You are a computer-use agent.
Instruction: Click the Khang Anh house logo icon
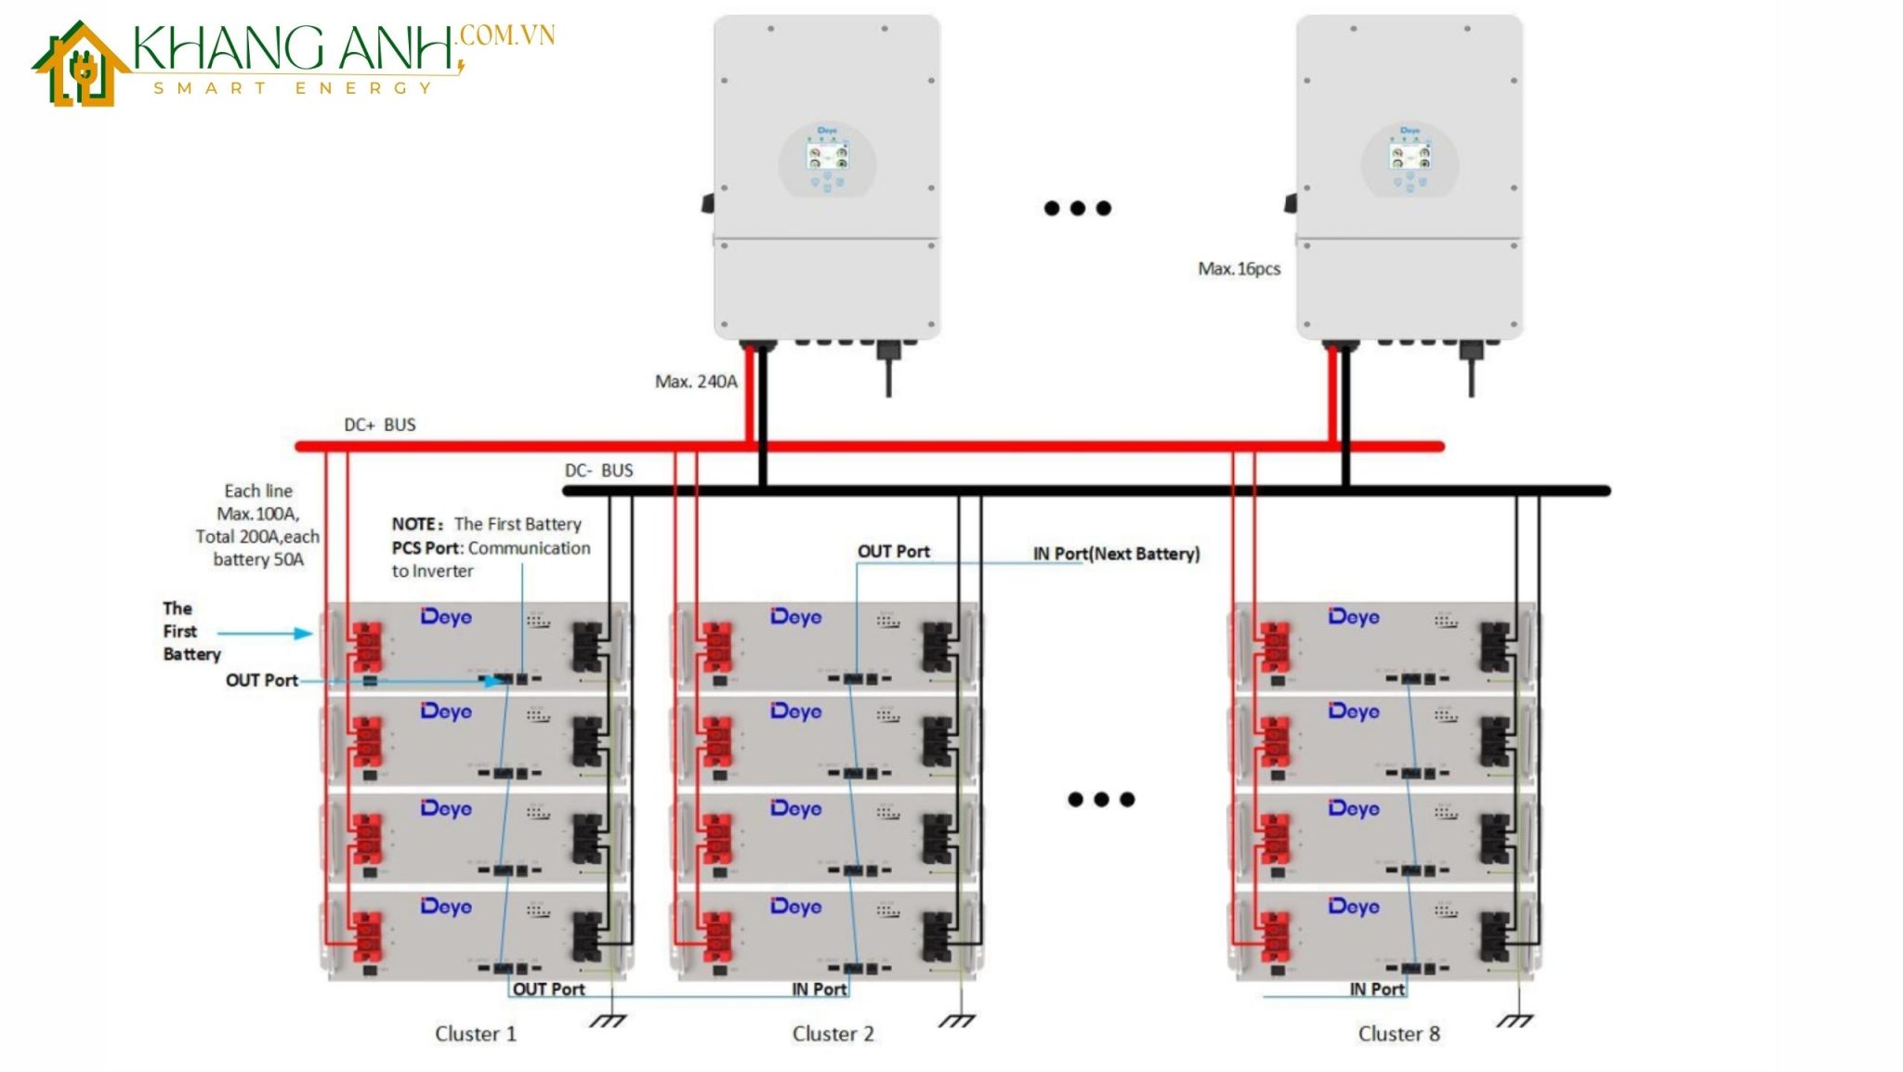(x=81, y=65)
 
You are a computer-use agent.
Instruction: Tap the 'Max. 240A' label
(x=696, y=381)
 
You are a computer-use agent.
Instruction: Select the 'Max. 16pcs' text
(x=1239, y=268)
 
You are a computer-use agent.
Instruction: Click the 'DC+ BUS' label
(x=379, y=425)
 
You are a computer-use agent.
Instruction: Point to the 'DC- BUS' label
(x=598, y=470)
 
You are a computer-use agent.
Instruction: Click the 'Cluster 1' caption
(x=475, y=1034)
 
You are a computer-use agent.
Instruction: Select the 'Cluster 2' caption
(x=833, y=1034)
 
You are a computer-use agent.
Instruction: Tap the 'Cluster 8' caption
(x=1398, y=1034)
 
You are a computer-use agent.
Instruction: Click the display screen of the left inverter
(x=827, y=156)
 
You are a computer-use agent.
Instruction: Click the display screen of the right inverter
(x=1410, y=156)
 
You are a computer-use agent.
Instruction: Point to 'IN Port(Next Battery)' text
(x=1116, y=554)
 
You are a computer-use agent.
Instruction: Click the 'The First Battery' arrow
(x=266, y=634)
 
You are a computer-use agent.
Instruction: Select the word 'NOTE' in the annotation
(x=413, y=524)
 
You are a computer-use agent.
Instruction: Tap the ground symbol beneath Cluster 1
(x=608, y=1020)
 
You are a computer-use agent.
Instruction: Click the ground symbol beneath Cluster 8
(x=1515, y=1020)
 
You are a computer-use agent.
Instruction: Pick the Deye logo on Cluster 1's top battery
(x=446, y=617)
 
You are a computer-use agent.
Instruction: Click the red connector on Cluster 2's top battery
(x=717, y=647)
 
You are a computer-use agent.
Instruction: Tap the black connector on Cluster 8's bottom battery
(x=1494, y=936)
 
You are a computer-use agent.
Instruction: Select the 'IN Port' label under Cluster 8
(x=1377, y=989)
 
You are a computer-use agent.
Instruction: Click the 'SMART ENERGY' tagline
(x=294, y=88)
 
